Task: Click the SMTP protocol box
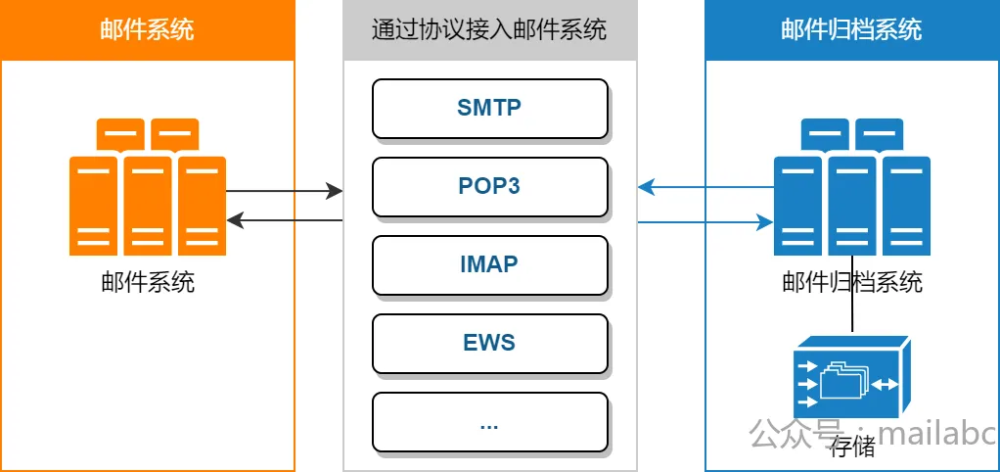tap(490, 109)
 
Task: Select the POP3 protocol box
tap(490, 187)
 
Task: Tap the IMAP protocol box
tap(490, 265)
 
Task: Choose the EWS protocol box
tap(490, 344)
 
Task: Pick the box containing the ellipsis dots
tap(490, 422)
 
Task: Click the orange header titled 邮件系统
tap(148, 30)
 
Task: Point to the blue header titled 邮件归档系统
tap(852, 30)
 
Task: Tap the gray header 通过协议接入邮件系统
tap(490, 30)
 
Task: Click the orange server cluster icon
tap(148, 186)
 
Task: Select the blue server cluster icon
tap(852, 186)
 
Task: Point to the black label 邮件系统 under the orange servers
tap(148, 282)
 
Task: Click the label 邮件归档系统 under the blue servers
tap(852, 282)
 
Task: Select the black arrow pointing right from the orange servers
tap(285, 190)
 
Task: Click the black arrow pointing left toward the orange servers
tap(285, 220)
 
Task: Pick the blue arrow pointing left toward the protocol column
tap(705, 187)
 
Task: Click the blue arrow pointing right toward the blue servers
tap(705, 222)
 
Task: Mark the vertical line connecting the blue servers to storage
tap(852, 294)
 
